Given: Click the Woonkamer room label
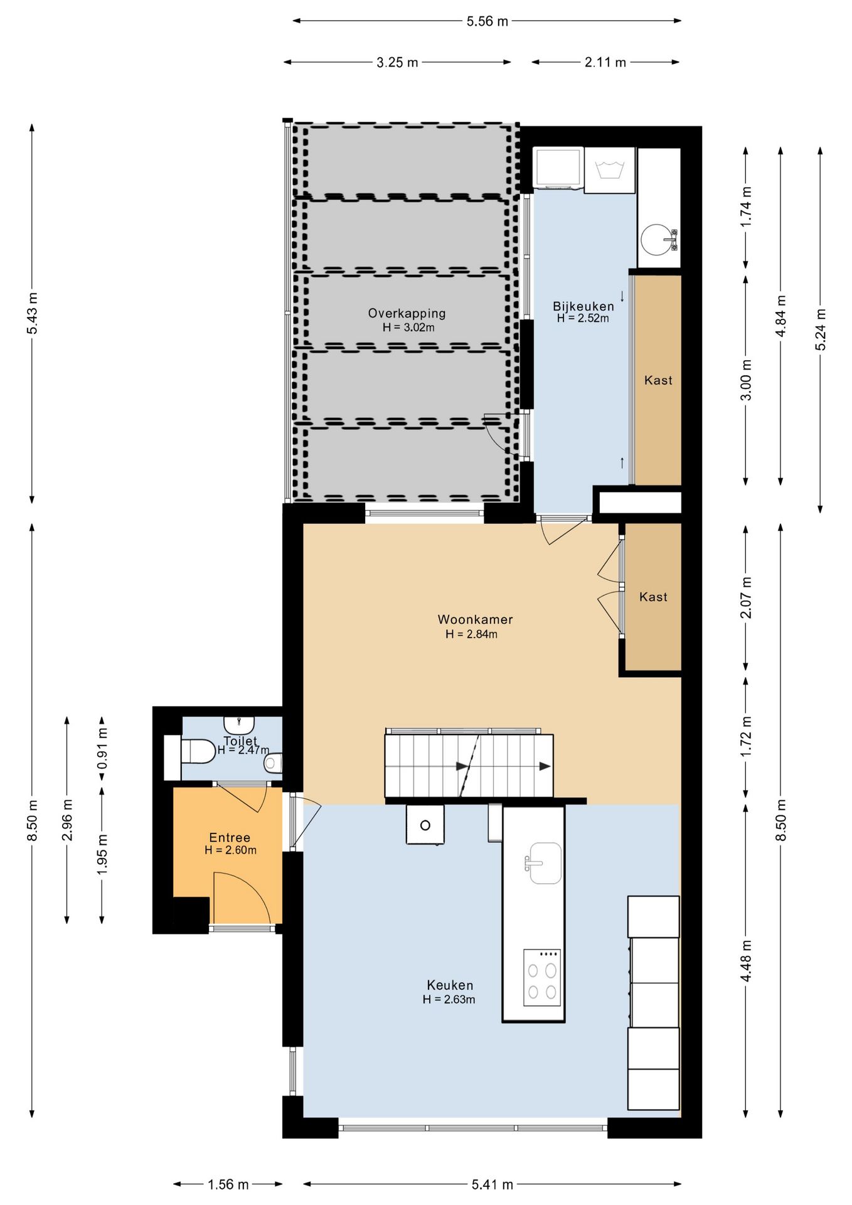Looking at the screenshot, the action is [x=475, y=619].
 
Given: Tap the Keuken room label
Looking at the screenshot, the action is [x=450, y=985].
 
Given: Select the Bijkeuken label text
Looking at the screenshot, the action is [x=583, y=306].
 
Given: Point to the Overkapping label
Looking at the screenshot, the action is [x=407, y=313].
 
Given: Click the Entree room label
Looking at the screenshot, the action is [x=230, y=837].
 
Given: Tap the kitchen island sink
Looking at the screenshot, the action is [x=543, y=863].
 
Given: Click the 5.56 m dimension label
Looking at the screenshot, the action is [x=487, y=21].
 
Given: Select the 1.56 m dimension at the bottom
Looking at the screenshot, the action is [x=228, y=1184].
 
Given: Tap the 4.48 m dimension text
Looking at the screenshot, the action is [x=746, y=961].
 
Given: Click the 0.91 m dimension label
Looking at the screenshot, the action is [x=102, y=748].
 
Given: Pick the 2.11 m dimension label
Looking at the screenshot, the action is [x=605, y=62].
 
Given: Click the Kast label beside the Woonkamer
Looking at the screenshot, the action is [x=653, y=597].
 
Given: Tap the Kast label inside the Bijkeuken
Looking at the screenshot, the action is [x=658, y=380].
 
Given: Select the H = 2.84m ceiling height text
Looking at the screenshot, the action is [x=471, y=634].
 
